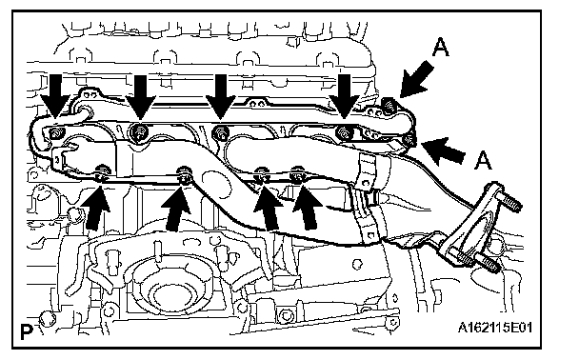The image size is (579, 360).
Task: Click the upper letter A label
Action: pos(441,48)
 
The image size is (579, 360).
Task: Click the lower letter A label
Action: pos(484,160)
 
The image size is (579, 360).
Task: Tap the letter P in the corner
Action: pos(27,332)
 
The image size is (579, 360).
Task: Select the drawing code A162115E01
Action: pos(495,327)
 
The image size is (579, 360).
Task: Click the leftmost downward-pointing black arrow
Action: pos(55,96)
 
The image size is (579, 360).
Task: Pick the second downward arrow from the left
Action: pos(141,97)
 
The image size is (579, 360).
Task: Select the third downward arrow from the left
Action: pos(220,97)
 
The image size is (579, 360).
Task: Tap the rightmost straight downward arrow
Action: pos(345,96)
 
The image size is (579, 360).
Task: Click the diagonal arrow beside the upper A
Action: pos(416,80)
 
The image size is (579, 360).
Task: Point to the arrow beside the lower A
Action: pos(443,150)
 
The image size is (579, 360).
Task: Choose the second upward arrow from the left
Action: pos(176,209)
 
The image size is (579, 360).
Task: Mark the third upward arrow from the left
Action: pos(268,208)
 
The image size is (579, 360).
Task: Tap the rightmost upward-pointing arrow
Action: pos(308,208)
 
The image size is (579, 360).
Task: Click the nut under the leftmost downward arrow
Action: pos(55,133)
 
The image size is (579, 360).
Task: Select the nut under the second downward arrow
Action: pos(139,130)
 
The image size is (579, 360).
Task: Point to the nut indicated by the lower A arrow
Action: pos(409,140)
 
